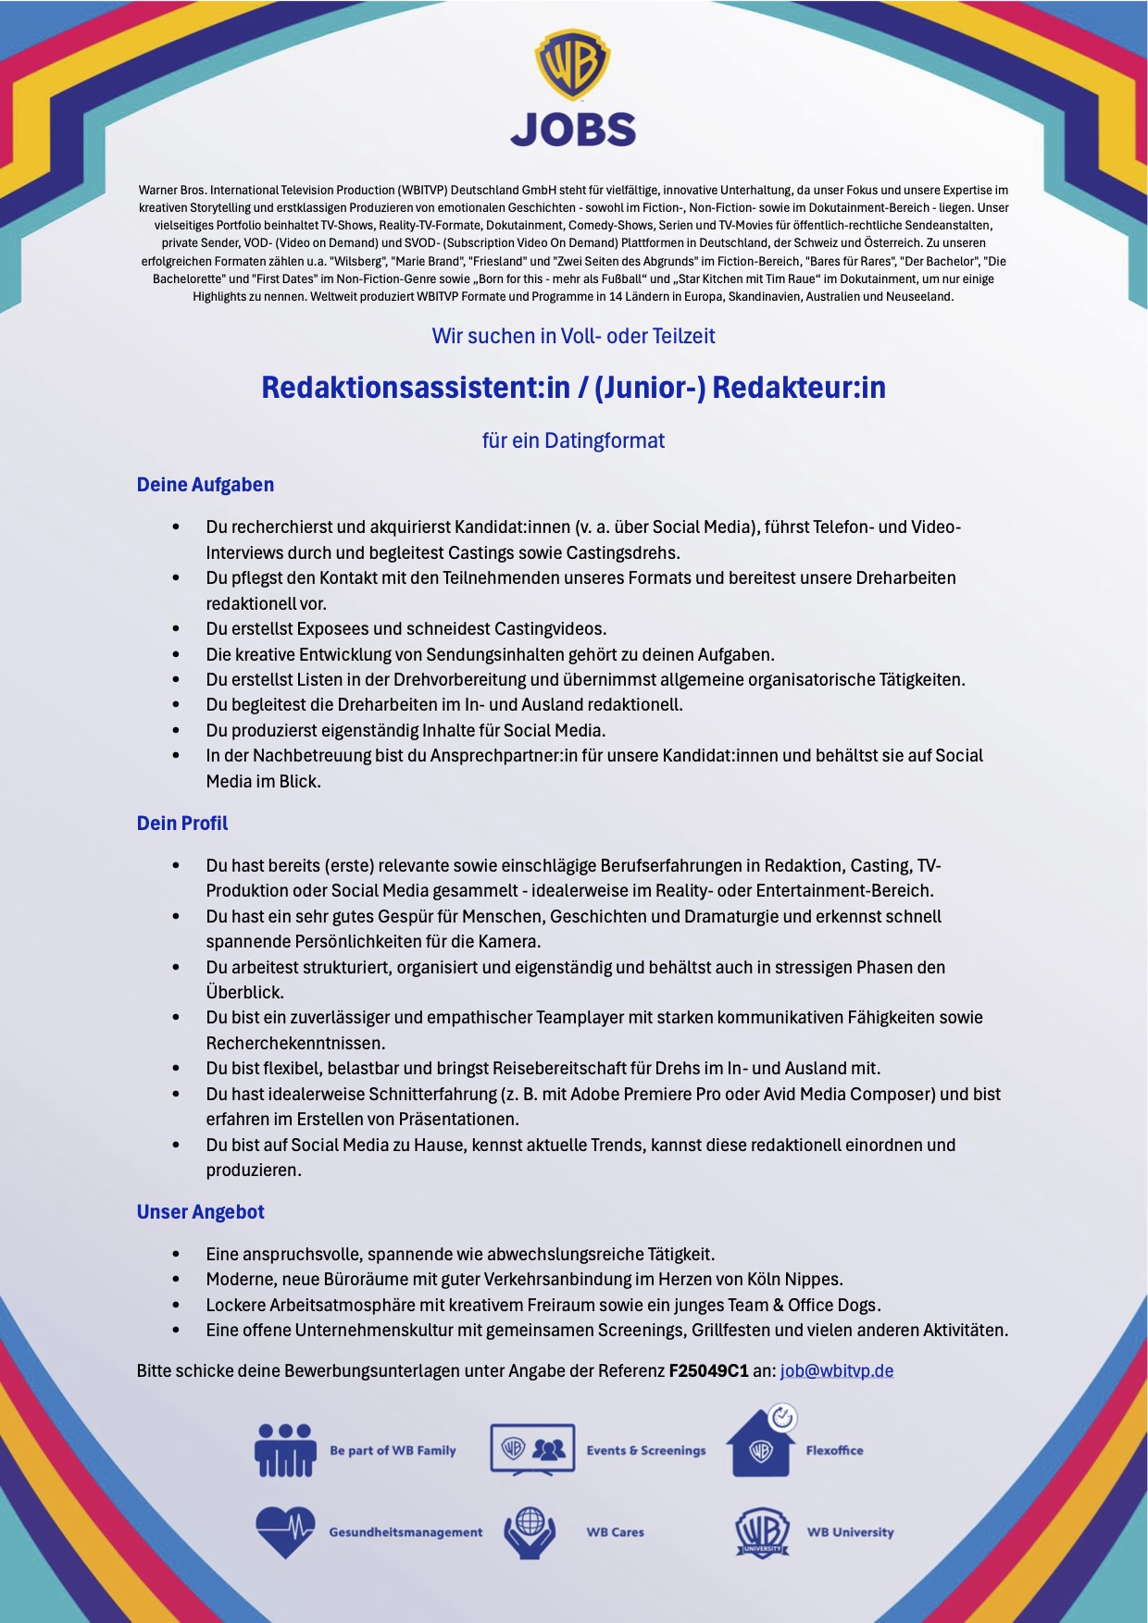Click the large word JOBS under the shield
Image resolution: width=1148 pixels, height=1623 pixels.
[x=573, y=130]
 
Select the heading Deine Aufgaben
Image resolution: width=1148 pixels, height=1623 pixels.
[x=206, y=485]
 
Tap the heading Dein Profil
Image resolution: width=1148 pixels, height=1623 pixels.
[x=182, y=824]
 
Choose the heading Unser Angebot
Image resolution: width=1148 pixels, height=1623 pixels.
[x=201, y=1212]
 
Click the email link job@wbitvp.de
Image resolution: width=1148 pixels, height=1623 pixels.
[x=837, y=1370]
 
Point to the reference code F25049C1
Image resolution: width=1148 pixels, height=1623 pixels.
[x=708, y=1370]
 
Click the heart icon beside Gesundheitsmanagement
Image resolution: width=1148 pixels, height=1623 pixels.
[x=285, y=1532]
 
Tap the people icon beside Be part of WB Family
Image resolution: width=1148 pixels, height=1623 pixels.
[x=285, y=1450]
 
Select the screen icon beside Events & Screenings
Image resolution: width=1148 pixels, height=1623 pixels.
[x=532, y=1450]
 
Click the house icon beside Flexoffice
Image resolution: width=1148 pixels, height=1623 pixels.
[x=762, y=1443]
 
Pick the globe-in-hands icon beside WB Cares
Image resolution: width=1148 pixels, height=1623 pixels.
[x=530, y=1532]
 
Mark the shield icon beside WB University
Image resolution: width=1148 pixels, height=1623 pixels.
[x=762, y=1532]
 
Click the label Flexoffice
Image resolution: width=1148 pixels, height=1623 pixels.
[x=834, y=1450]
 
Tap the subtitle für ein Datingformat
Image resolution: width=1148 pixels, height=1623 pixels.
[x=573, y=440]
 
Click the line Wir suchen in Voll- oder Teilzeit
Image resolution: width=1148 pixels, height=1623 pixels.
[x=573, y=336]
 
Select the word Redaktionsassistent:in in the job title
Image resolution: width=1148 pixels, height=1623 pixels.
[x=416, y=387]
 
